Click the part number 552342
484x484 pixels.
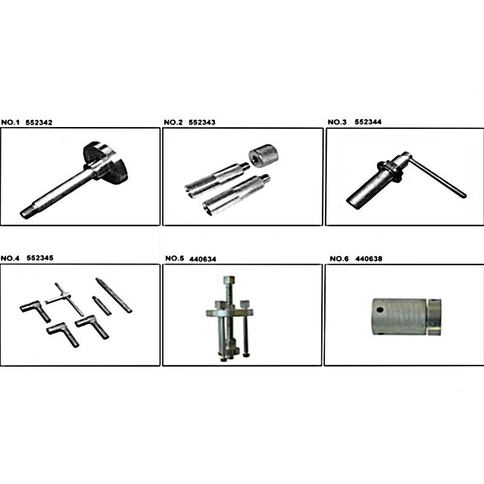39,123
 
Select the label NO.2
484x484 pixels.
173,122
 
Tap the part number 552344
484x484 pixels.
368,122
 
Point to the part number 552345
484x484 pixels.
40,258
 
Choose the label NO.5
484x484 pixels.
174,258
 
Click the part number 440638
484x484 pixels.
368,259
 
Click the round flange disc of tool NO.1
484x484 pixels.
105,163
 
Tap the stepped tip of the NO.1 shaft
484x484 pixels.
25,213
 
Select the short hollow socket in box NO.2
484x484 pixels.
263,157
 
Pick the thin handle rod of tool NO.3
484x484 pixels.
437,177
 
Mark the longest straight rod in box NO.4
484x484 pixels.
114,295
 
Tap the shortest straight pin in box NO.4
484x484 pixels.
102,306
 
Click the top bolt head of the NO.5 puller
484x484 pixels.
229,280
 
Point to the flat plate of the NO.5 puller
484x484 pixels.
230,312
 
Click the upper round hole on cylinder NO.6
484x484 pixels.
380,309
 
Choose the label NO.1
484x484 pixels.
10,123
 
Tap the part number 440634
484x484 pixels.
203,260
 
